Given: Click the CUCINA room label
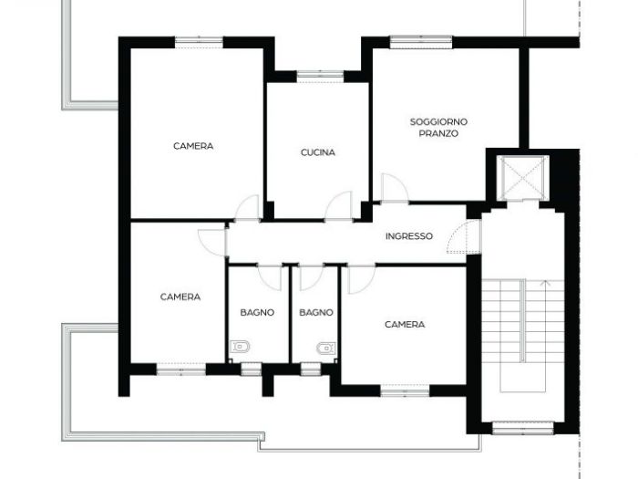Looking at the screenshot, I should coord(318,152).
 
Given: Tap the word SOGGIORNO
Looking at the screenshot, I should coord(438,121).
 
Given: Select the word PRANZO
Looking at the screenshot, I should coord(438,133).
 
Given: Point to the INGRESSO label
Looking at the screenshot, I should coord(409,236).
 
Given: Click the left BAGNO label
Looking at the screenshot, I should coord(258,312).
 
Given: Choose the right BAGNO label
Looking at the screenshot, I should coord(316,312).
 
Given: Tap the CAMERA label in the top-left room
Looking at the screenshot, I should coord(193,146).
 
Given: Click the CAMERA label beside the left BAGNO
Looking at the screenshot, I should coord(180,297).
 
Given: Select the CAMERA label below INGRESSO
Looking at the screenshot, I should coord(405,324).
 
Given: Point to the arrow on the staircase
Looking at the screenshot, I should coord(545,283).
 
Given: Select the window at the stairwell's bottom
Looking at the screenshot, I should coord(522,426).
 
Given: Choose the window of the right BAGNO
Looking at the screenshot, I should coord(309,369).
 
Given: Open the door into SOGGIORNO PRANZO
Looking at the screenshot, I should coord(394,189).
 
